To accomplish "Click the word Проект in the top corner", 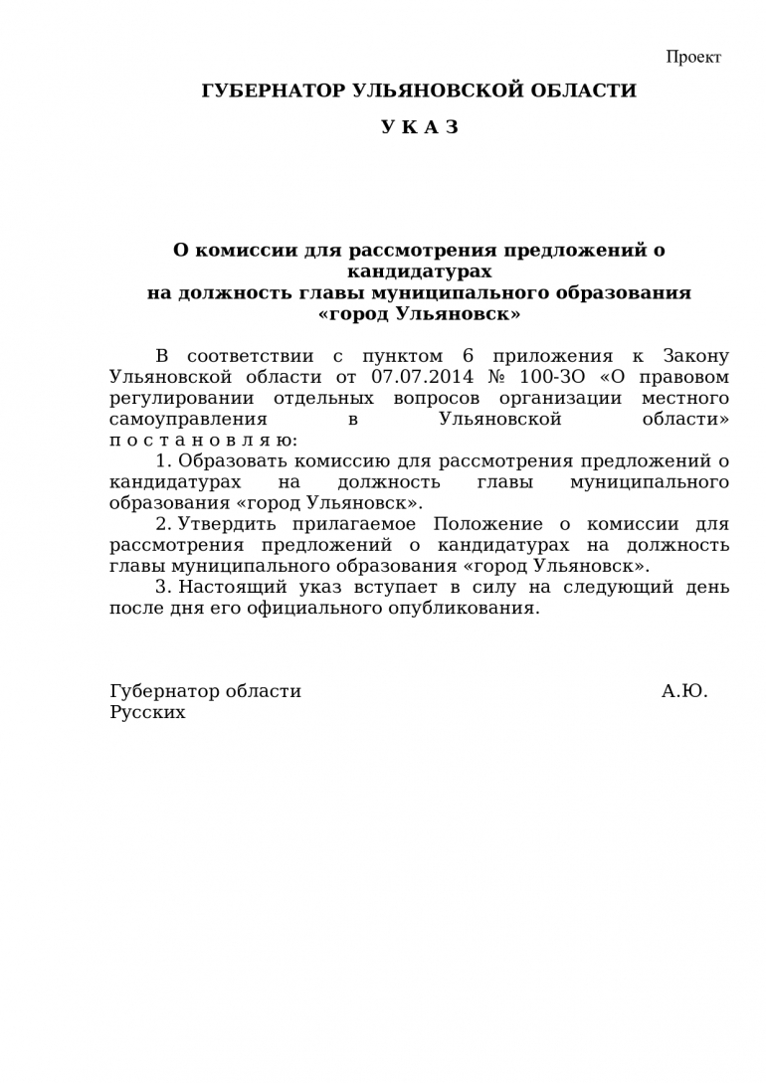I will tap(693, 57).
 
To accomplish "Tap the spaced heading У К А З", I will tap(419, 127).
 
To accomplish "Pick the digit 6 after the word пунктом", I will tap(469, 356).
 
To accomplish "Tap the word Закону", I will tap(695, 356).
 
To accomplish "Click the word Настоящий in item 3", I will tap(230, 587).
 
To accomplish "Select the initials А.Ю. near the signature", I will tap(684, 691).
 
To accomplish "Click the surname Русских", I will tap(147, 712).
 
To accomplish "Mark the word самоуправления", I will tap(188, 419).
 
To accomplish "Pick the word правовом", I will tap(686, 377).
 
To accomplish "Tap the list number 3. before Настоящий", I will tap(164, 587).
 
